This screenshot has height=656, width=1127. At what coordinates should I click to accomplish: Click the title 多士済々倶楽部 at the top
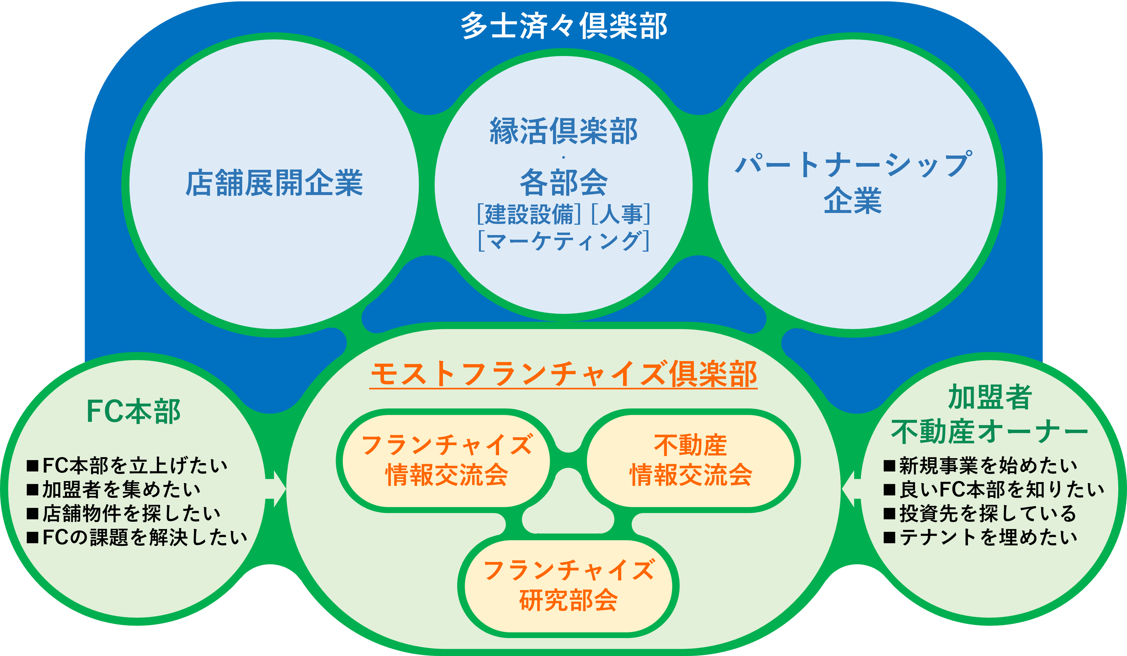(x=563, y=26)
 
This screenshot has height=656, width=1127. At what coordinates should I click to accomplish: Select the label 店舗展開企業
(x=274, y=183)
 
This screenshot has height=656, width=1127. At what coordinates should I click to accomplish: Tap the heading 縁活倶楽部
(x=563, y=131)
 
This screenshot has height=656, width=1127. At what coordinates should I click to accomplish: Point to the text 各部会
(x=563, y=183)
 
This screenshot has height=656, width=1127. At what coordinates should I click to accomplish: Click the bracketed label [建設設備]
(x=529, y=214)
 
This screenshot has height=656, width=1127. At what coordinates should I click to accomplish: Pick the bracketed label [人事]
(x=621, y=214)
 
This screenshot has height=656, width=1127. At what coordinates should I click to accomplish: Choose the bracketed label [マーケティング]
(x=563, y=241)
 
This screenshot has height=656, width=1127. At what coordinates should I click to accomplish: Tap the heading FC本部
(x=133, y=411)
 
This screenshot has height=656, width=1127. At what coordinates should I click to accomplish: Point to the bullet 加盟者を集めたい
(x=114, y=490)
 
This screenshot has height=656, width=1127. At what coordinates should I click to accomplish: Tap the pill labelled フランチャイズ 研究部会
(x=568, y=586)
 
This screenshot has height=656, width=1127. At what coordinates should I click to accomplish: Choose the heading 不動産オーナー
(x=989, y=432)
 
